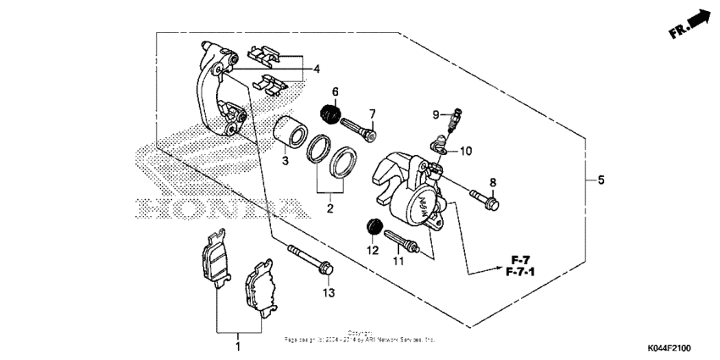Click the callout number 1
(x=238, y=346)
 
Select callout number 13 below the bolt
(x=329, y=292)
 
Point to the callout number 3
(x=285, y=160)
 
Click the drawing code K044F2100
(x=668, y=348)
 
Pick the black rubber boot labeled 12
(x=369, y=227)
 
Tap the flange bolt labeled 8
(x=485, y=200)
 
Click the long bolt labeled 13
(x=313, y=259)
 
